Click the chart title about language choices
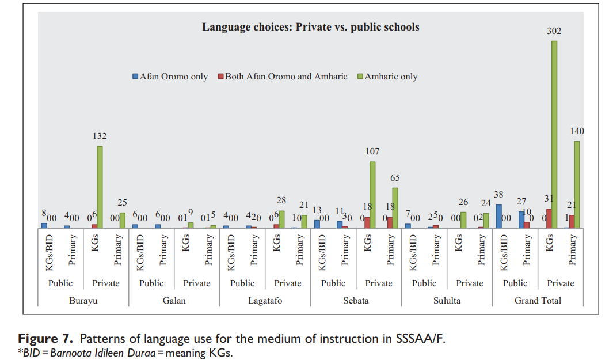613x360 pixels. tap(310, 27)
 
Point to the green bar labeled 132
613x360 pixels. tap(100, 187)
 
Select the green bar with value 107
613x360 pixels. tap(372, 195)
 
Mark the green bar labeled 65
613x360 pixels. tap(395, 207)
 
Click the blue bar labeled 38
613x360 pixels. tap(498, 216)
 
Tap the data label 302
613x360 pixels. tap(554, 31)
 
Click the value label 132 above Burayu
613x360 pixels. tap(100, 136)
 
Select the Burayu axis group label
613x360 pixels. tap(83, 301)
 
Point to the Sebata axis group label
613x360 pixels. tap(356, 301)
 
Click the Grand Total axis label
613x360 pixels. tap(538, 301)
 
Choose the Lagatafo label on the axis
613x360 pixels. tap(265, 301)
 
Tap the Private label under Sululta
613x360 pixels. tap(470, 283)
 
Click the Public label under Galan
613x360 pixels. tap(151, 283)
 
